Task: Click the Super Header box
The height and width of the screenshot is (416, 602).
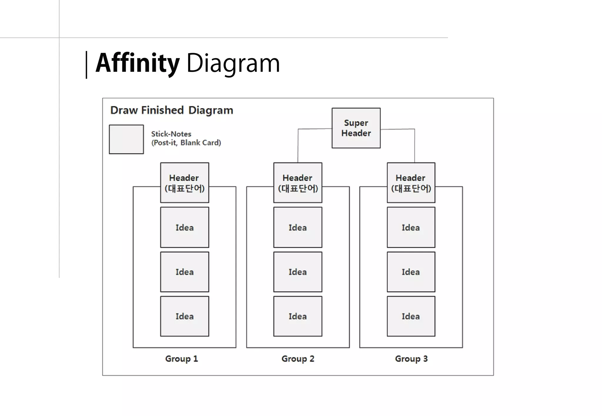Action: pyautogui.click(x=356, y=128)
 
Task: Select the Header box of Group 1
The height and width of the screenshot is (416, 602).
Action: pyautogui.click(x=185, y=182)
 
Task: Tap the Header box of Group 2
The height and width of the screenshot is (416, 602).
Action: pyautogui.click(x=297, y=182)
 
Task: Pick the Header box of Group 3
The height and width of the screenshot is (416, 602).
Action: pyautogui.click(x=411, y=182)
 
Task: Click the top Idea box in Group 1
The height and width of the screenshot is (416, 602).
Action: pyautogui.click(x=185, y=227)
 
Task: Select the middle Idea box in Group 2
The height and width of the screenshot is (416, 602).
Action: pyautogui.click(x=297, y=272)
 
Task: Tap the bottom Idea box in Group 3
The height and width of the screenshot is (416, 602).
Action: pyautogui.click(x=411, y=316)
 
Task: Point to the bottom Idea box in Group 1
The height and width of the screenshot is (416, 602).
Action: pyautogui.click(x=185, y=316)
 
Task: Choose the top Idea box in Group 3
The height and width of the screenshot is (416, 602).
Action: pyautogui.click(x=411, y=227)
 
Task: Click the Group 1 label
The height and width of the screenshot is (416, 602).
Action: pyautogui.click(x=181, y=358)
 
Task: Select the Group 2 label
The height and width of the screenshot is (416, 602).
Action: pyautogui.click(x=298, y=358)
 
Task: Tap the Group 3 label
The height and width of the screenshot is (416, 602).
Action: pyautogui.click(x=411, y=358)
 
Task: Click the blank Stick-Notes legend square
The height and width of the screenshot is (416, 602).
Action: pyautogui.click(x=126, y=139)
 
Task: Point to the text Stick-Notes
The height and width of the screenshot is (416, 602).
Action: pyautogui.click(x=171, y=134)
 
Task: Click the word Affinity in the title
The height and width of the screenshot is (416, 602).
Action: pyautogui.click(x=137, y=63)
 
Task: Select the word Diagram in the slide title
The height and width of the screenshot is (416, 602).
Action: pyautogui.click(x=233, y=63)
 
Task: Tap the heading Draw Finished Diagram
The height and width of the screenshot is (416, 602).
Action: pyautogui.click(x=172, y=110)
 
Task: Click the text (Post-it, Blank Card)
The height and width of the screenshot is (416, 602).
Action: pyautogui.click(x=186, y=143)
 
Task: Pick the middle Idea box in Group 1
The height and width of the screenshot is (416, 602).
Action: pyautogui.click(x=185, y=272)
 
